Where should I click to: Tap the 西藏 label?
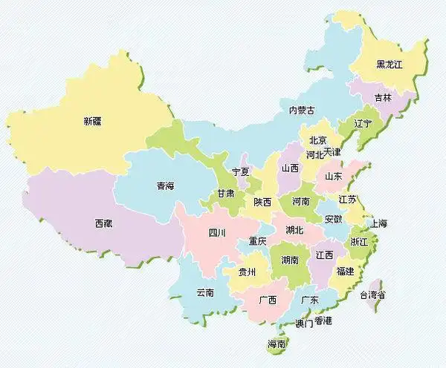click(104, 223)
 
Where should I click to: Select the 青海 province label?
click(165, 186)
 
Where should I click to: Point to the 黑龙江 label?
click(388, 65)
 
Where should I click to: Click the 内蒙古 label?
click(301, 111)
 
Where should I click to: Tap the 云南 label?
click(205, 292)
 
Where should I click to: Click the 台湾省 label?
click(373, 295)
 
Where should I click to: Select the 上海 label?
click(378, 223)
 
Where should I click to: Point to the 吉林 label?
click(383, 97)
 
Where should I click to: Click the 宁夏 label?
click(241, 171)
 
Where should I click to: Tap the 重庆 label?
click(257, 241)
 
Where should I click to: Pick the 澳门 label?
click(304, 322)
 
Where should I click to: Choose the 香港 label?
click(323, 321)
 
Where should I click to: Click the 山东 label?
click(333, 177)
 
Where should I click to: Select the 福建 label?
click(345, 271)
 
